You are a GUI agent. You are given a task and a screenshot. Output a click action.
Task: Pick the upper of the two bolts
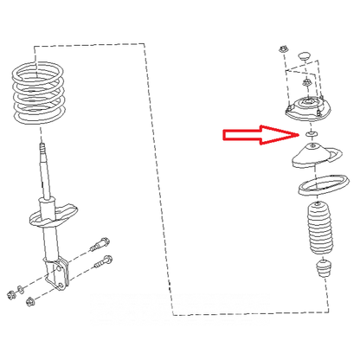[x=102, y=243]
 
